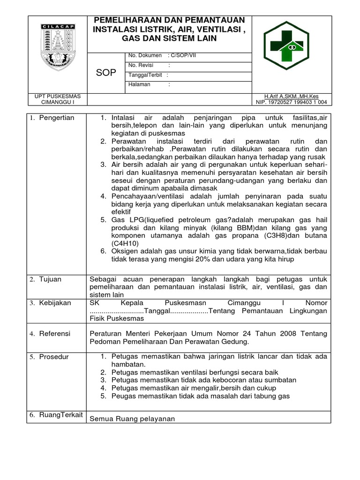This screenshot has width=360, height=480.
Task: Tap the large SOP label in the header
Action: click(106, 73)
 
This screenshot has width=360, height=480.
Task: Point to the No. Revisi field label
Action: click(142, 66)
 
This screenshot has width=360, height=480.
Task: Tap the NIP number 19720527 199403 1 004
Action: click(292, 102)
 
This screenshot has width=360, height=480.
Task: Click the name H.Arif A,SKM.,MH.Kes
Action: click(292, 96)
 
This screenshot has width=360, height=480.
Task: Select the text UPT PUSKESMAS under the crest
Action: click(54, 96)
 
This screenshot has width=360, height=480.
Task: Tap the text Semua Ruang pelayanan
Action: click(132, 419)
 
